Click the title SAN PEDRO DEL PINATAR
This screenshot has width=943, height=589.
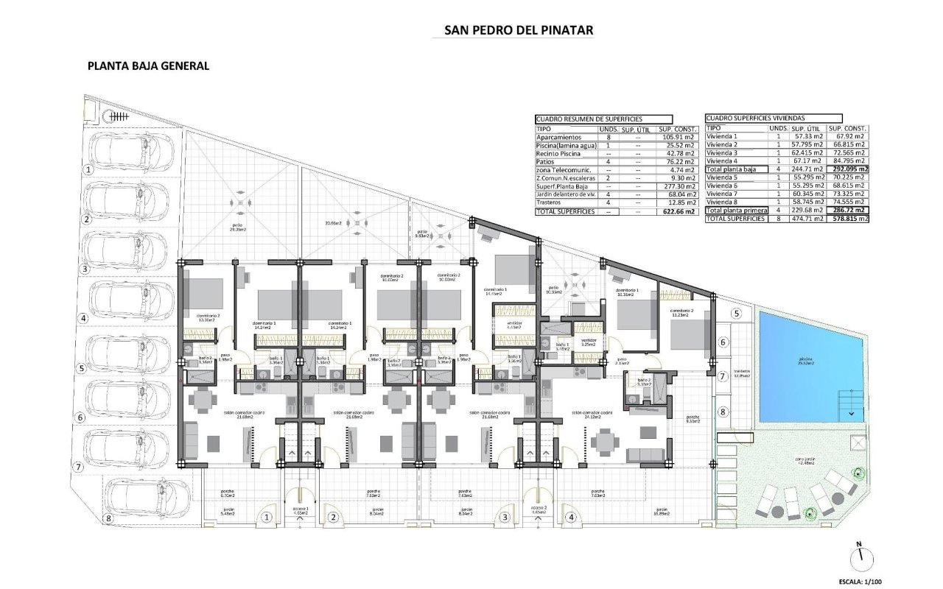(519, 30)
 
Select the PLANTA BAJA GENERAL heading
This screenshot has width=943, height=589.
(148, 66)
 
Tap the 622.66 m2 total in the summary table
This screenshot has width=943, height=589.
(676, 211)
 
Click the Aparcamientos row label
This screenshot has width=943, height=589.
(560, 137)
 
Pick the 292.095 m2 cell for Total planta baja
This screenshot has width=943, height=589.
(846, 169)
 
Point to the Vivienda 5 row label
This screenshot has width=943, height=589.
(721, 177)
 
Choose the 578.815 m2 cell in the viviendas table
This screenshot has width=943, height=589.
(846, 219)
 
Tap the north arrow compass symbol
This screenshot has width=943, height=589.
(859, 556)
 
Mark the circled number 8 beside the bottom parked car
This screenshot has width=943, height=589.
(109, 518)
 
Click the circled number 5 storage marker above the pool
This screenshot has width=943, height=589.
(735, 313)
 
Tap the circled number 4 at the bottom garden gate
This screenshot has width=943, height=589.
(570, 518)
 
